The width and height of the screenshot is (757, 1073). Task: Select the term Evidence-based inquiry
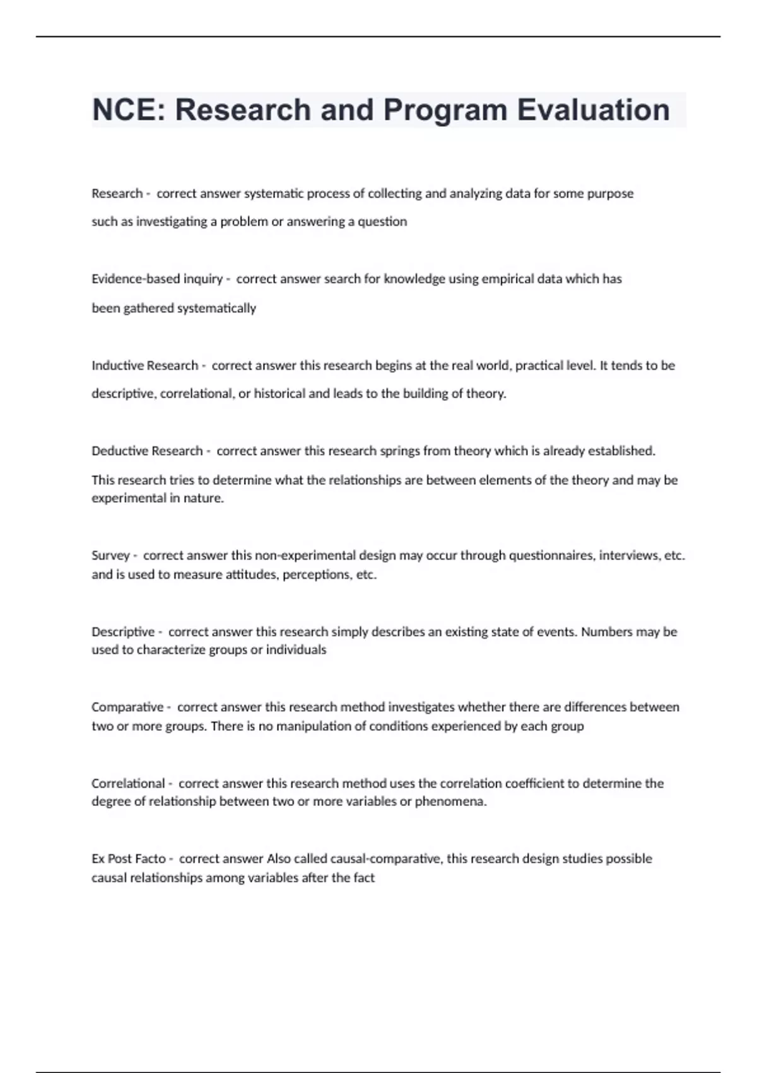tap(157, 279)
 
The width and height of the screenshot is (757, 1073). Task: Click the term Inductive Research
tap(144, 365)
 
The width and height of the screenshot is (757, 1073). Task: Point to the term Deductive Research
tap(147, 451)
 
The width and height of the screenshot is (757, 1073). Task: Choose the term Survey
tap(110, 555)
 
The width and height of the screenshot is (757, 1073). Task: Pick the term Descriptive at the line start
tap(123, 632)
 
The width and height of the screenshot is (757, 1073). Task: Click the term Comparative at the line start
tap(127, 707)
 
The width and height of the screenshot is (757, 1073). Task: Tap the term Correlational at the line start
tap(128, 783)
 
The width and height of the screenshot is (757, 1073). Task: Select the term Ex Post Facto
tap(129, 858)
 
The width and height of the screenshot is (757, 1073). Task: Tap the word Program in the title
tap(445, 110)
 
